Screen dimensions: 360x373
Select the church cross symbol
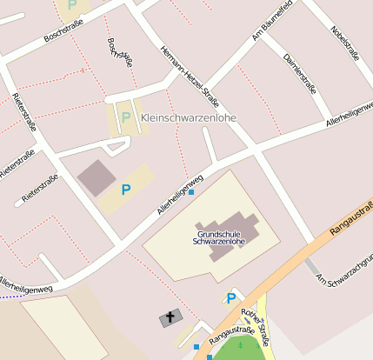pos(167,319)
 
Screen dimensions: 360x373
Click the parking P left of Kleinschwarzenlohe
pos(126,117)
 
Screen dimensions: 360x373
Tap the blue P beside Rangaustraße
pos(230,298)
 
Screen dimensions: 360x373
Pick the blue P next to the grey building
pos(126,189)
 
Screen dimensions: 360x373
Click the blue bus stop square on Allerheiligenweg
pos(191,192)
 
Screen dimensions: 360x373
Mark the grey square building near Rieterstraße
pos(96,177)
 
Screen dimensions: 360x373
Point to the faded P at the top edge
pos(71,5)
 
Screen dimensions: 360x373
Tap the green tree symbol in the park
pos(241,345)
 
